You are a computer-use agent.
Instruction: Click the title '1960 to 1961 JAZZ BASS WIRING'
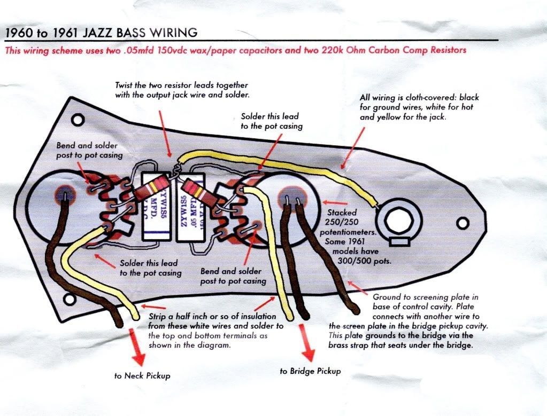[101, 32]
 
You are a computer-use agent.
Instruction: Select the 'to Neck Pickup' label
[142, 375]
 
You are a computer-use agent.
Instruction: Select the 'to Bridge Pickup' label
[310, 371]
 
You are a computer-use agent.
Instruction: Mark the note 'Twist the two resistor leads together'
[182, 90]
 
